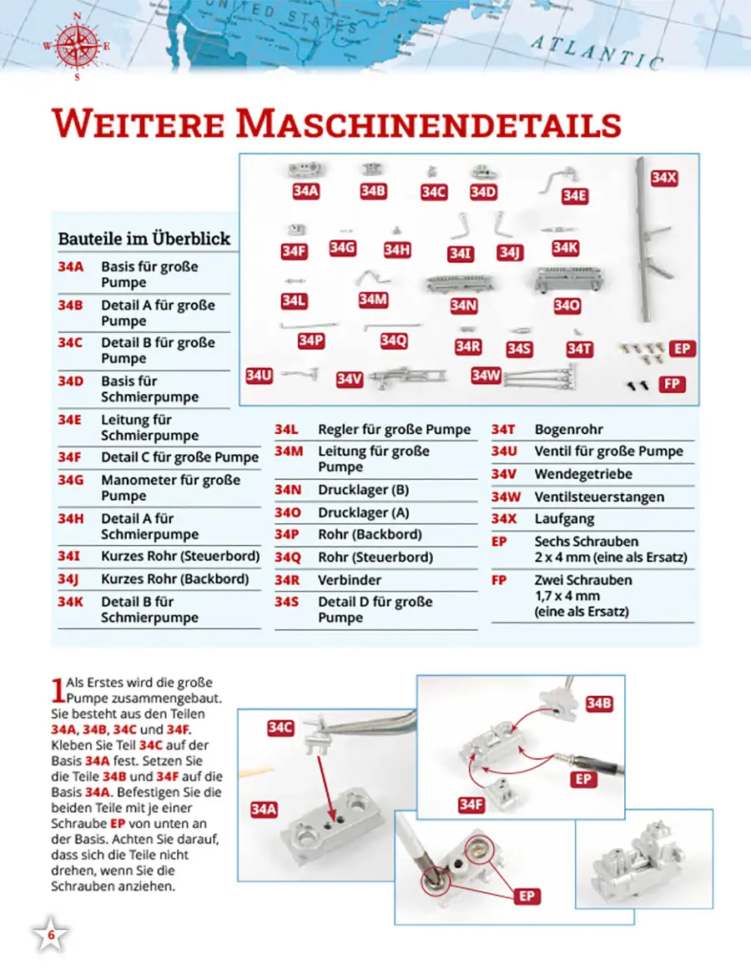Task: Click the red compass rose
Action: [77, 47]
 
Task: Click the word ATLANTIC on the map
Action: [597, 53]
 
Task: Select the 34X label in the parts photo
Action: [664, 178]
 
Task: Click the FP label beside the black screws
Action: [672, 384]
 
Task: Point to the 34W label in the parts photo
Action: [486, 376]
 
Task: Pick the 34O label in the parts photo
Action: [567, 305]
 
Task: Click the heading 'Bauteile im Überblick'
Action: [144, 238]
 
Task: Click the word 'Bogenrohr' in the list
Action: [568, 429]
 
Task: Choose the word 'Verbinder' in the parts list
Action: [350, 579]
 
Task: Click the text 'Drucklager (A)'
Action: [364, 512]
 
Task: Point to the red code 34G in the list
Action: [71, 480]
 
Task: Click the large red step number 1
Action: [58, 689]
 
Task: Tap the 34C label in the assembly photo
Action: [280, 728]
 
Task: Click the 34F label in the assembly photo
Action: [471, 804]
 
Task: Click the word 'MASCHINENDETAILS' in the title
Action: [429, 124]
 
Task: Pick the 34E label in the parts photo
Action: [574, 196]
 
